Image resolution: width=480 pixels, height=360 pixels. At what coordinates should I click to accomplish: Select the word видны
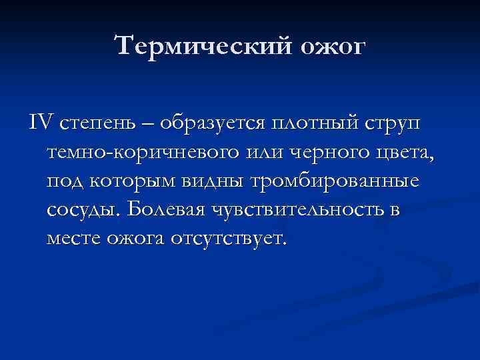(217, 182)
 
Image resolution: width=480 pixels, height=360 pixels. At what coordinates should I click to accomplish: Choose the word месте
(73, 239)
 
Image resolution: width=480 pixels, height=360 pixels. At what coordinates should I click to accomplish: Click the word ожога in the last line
(137, 239)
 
